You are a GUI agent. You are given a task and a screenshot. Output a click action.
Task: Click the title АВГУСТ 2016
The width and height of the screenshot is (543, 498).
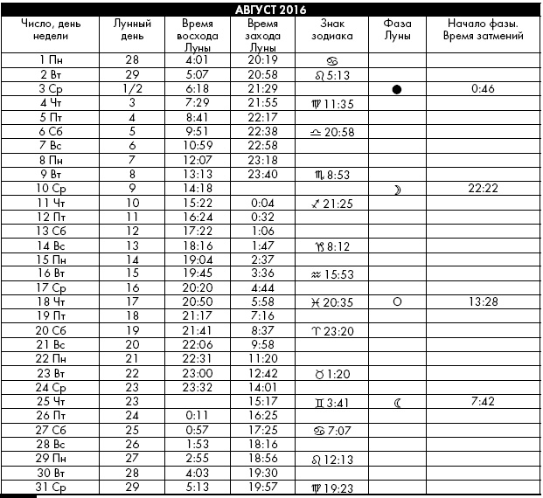(272, 8)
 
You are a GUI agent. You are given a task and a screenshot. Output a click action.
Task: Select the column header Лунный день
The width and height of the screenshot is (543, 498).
(132, 31)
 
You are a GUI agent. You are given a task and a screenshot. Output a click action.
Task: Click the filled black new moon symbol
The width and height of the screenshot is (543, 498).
(397, 90)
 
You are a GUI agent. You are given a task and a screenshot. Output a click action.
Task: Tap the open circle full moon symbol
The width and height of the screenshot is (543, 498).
(397, 301)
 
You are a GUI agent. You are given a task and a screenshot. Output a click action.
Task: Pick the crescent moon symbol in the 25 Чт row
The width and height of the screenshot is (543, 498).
(397, 403)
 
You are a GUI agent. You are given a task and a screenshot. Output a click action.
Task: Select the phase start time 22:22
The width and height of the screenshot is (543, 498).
(483, 188)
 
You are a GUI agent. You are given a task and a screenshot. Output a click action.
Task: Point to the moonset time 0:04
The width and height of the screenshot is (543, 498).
(263, 202)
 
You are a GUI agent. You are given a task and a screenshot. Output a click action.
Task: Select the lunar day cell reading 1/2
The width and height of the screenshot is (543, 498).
(132, 89)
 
